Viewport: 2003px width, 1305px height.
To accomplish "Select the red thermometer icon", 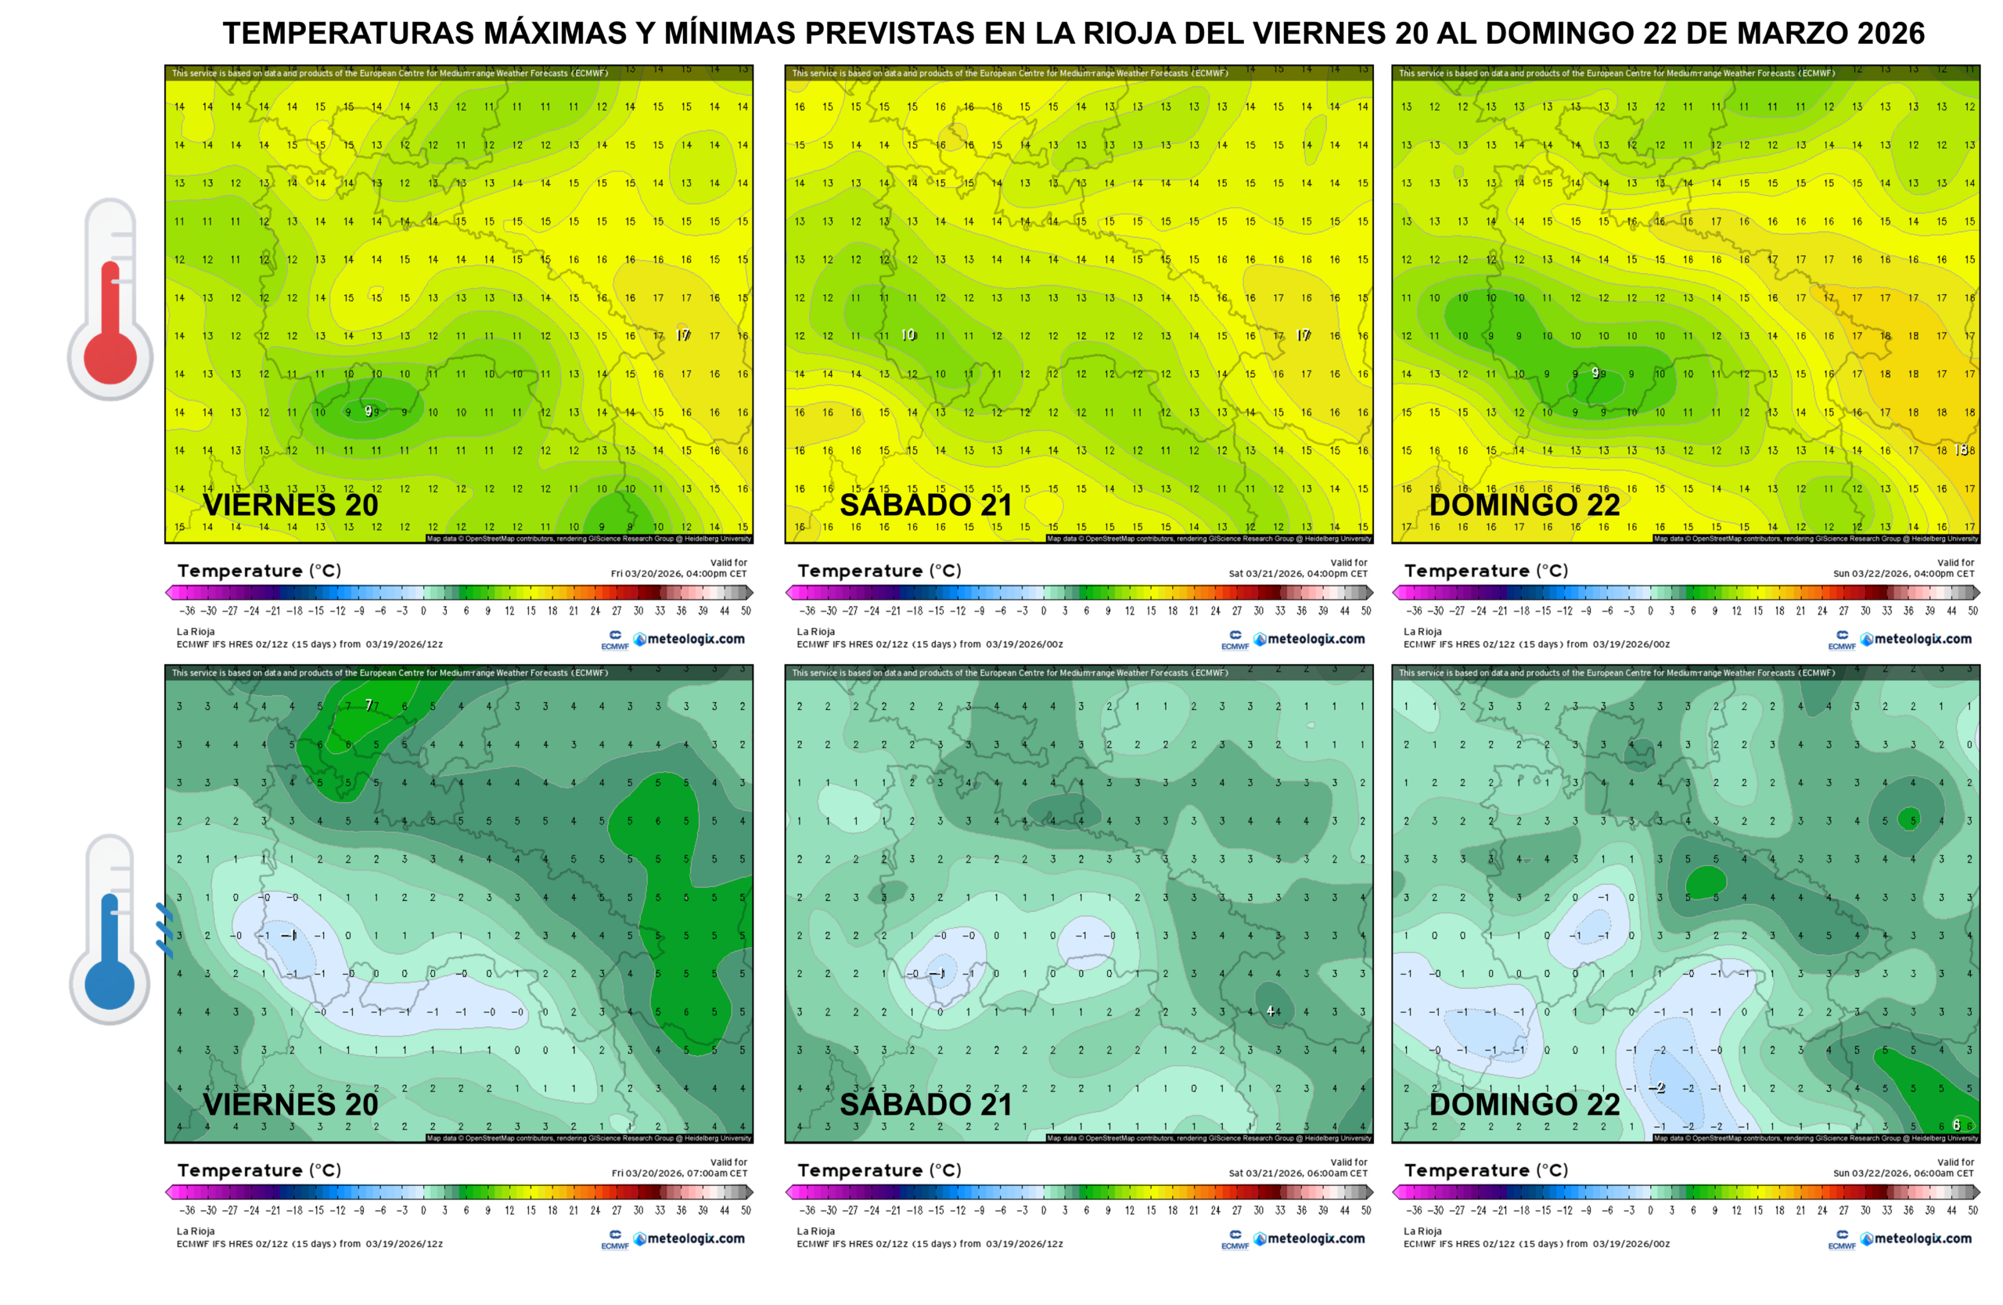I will click(110, 299).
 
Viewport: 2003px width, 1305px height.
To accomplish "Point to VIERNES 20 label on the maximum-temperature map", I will click(290, 505).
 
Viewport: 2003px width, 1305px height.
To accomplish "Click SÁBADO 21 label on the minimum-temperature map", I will click(926, 1104).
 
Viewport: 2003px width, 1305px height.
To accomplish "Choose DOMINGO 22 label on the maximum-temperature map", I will click(1524, 505).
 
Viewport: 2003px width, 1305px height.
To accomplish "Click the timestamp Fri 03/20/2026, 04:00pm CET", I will click(678, 573).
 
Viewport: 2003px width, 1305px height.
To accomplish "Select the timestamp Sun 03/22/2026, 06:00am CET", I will click(1904, 1173).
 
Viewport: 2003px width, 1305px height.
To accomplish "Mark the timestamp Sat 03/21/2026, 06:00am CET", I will click(1298, 1173).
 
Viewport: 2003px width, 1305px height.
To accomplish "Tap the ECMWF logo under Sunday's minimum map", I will click(1841, 1239).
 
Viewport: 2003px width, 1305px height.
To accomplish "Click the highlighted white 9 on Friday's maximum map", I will click(369, 411).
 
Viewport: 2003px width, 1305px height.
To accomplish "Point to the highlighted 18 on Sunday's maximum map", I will click(1961, 449).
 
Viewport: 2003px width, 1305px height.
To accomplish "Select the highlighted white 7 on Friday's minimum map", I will click(369, 705).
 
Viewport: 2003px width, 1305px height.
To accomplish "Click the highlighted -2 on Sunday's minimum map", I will click(1656, 1088).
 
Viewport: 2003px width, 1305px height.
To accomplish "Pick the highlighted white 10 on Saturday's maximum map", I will click(908, 335).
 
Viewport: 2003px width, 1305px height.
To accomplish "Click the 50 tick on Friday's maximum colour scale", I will click(746, 611).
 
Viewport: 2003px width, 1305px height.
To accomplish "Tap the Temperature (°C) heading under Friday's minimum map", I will click(259, 1170).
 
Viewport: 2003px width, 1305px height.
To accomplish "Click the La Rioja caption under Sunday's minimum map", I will click(1422, 1231).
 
